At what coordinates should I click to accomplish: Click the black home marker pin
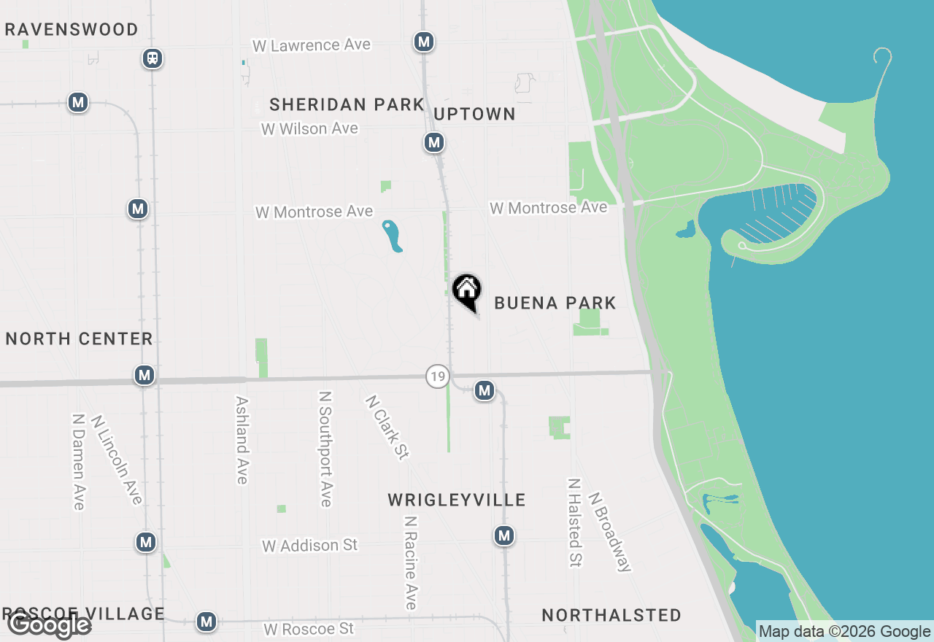467,291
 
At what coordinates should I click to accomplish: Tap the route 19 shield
437,376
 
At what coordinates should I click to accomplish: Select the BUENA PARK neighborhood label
555,303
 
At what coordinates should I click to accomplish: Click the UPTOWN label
474,114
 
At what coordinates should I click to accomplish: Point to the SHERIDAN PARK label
347,104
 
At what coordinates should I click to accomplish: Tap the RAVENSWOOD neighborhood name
72,30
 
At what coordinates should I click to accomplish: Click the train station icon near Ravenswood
153,58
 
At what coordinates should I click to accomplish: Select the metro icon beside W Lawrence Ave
424,42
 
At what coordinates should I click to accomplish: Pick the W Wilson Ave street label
309,128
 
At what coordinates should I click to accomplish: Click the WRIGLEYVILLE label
456,500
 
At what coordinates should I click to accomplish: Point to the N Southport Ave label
325,449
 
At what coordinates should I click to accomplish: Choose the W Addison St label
310,545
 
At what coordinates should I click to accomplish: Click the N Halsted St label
575,522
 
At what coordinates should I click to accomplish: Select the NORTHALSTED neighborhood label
611,615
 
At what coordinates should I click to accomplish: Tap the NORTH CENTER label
79,339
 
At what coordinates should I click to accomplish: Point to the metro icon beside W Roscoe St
207,622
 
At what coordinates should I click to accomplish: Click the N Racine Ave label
411,562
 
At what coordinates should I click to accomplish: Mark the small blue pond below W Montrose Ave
392,236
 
